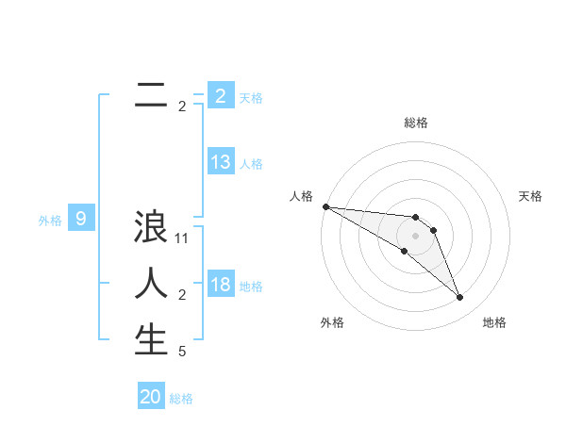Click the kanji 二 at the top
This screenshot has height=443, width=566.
[x=151, y=96]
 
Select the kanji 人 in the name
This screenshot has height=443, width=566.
[x=151, y=283]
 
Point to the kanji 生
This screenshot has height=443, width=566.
[x=151, y=339]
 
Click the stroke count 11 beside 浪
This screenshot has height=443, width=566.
[x=183, y=239]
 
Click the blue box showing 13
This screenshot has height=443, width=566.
[x=221, y=162]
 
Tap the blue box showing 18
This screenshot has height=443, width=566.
[x=221, y=285]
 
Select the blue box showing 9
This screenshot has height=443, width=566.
[x=81, y=220]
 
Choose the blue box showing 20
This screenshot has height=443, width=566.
[x=151, y=397]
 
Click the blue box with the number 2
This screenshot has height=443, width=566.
[x=221, y=96]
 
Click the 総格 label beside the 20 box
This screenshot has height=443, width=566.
[x=182, y=399]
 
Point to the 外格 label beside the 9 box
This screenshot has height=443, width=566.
[x=50, y=221]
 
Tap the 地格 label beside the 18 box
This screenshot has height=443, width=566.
[x=252, y=286]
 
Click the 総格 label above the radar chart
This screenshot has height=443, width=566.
[x=416, y=123]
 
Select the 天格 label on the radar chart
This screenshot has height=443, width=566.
[x=531, y=196]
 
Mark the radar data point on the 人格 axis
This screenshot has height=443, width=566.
[x=325, y=205]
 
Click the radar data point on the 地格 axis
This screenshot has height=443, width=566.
[x=460, y=298]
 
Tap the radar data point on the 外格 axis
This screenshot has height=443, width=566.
[x=404, y=252]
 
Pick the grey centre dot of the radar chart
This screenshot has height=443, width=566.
[x=416, y=235]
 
